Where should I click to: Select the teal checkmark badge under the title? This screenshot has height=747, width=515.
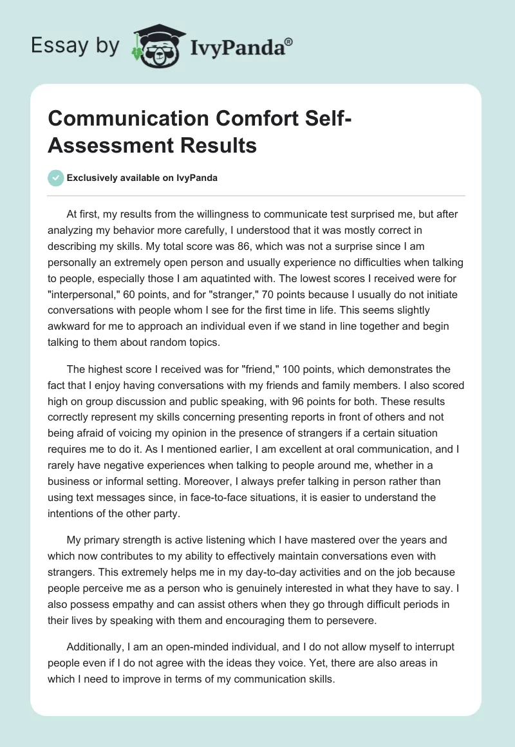pos(55,178)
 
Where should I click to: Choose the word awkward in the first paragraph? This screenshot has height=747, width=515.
pos(71,326)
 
